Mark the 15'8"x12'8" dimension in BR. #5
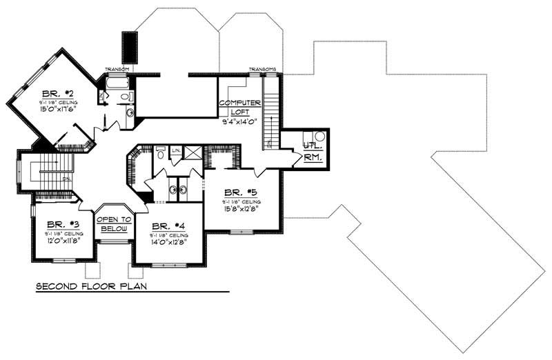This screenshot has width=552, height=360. coord(240,210)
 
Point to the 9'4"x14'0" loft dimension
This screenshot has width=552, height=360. coord(239,121)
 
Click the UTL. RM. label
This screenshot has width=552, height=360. coord(313,151)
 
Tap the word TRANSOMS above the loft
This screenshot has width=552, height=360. coord(262,69)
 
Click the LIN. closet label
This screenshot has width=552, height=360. coord(176,150)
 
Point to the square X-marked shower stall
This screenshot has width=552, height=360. coord(193,153)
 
